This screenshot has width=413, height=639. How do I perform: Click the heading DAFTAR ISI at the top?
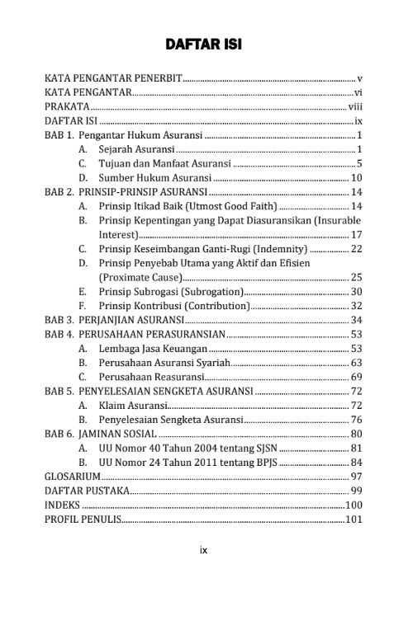202,43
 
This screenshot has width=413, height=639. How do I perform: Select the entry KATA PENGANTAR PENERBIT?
112,78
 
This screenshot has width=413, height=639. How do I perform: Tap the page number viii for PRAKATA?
355,106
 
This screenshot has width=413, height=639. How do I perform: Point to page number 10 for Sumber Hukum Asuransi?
357,177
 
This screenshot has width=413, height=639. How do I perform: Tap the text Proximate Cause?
140,277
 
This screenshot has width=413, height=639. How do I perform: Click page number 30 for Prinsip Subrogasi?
357,291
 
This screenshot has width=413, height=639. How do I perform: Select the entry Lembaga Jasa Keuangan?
148,349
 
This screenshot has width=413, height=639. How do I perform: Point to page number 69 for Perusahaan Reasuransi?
357,377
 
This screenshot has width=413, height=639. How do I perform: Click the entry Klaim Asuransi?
132,406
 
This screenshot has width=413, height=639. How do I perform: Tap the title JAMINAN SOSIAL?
115,434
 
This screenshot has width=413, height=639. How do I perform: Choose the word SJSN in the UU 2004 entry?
267,448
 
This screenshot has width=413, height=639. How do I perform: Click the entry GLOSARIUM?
67,477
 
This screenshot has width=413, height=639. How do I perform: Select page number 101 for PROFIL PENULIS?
354,519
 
